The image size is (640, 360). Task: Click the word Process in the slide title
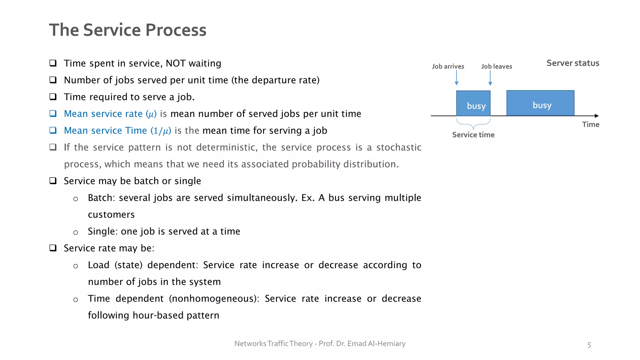coord(176,30)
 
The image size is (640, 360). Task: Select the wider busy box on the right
coord(540,103)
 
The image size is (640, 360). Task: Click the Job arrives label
coord(448,67)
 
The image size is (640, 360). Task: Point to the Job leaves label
coord(496,67)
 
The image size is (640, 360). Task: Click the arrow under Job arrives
coord(457,78)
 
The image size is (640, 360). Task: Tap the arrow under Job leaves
coord(490,78)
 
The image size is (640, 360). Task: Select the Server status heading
coord(572,63)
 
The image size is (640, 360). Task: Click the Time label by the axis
coord(590,125)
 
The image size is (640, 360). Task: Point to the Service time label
coord(473,135)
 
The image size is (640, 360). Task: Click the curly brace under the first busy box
coord(473,124)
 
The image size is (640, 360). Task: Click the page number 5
coord(589,345)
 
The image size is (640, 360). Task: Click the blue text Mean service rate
coord(103,114)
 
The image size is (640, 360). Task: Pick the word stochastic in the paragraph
coord(398,147)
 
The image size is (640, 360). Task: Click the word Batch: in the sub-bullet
coord(101,198)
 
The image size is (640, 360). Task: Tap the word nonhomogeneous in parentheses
coord(214,299)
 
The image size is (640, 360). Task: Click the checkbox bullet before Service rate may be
coord(53,248)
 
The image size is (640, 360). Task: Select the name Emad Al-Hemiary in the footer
coord(376,344)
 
